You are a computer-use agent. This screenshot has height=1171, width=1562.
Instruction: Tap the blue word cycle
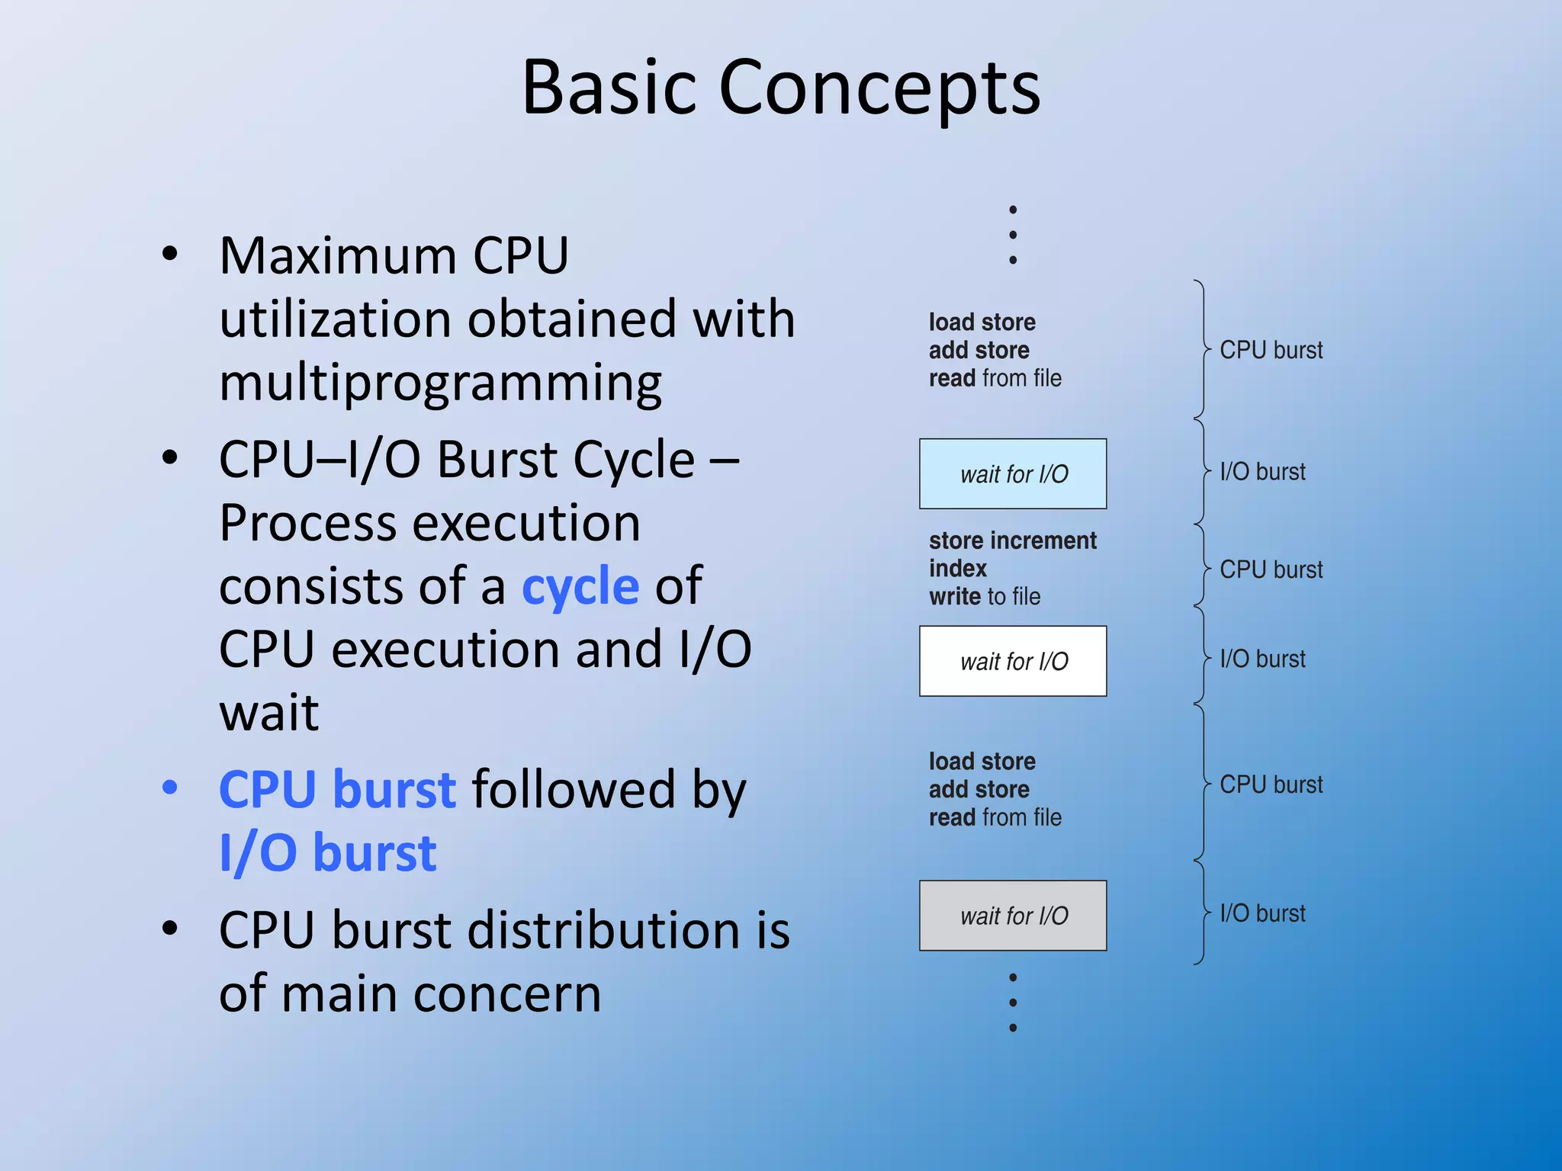(580, 586)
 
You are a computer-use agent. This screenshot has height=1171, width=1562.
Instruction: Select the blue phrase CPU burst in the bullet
(337, 789)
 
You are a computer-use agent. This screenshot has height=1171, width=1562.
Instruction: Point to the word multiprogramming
(440, 383)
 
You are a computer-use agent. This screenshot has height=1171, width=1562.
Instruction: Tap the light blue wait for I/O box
(1012, 473)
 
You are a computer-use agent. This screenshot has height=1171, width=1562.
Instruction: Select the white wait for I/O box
(1012, 661)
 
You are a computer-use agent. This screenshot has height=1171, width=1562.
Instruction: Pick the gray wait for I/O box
(1012, 915)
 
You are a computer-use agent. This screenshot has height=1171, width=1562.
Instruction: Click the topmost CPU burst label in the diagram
(1271, 350)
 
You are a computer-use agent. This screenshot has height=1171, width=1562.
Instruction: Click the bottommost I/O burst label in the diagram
(1262, 913)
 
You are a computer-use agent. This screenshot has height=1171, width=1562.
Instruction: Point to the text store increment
(1012, 541)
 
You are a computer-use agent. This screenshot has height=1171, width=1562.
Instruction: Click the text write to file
(984, 596)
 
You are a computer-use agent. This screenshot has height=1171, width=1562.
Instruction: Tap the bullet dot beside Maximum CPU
(170, 255)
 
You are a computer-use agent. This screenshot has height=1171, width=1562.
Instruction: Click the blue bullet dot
(170, 788)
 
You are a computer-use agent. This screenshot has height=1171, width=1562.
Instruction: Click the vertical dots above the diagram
(1012, 234)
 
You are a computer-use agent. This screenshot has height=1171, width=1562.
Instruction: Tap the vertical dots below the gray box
(1012, 1002)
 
